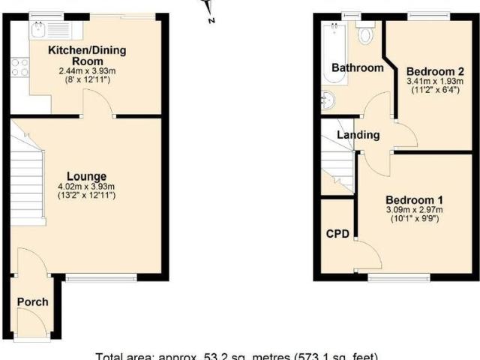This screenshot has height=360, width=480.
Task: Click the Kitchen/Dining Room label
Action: coord(87,56)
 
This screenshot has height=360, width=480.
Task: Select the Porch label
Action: coord(32,302)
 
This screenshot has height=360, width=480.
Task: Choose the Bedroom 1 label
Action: coord(415,200)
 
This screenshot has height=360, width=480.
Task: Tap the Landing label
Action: coord(358,135)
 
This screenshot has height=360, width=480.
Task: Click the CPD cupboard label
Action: coord(337,234)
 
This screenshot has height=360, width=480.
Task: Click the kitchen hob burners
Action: coord(20,67)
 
